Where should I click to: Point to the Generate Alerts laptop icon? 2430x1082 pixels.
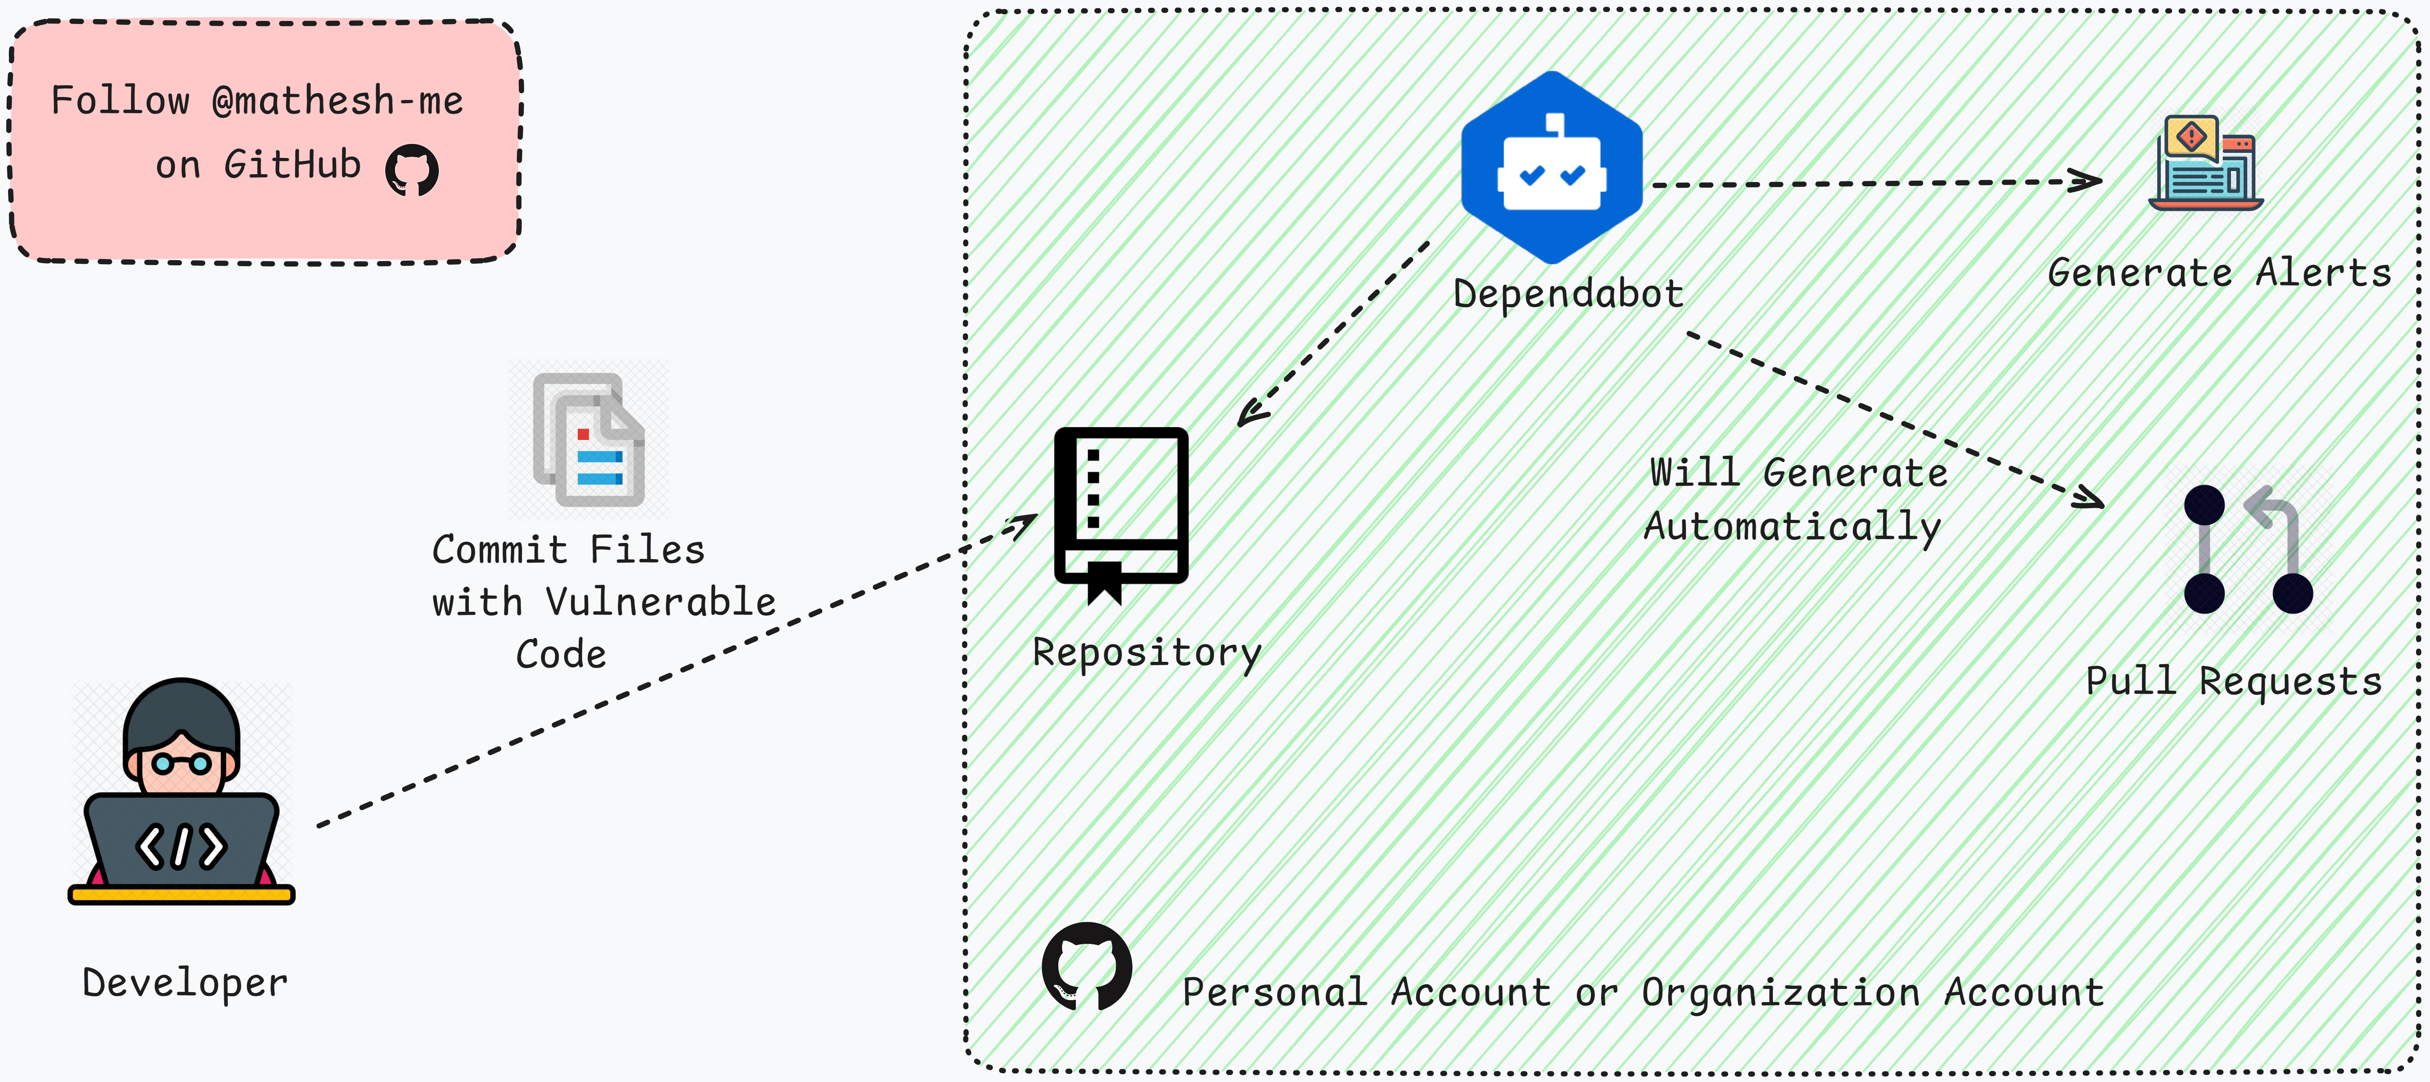click(x=2205, y=162)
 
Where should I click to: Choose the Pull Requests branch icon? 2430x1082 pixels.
click(x=2248, y=550)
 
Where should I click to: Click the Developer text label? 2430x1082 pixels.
click(x=185, y=983)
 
